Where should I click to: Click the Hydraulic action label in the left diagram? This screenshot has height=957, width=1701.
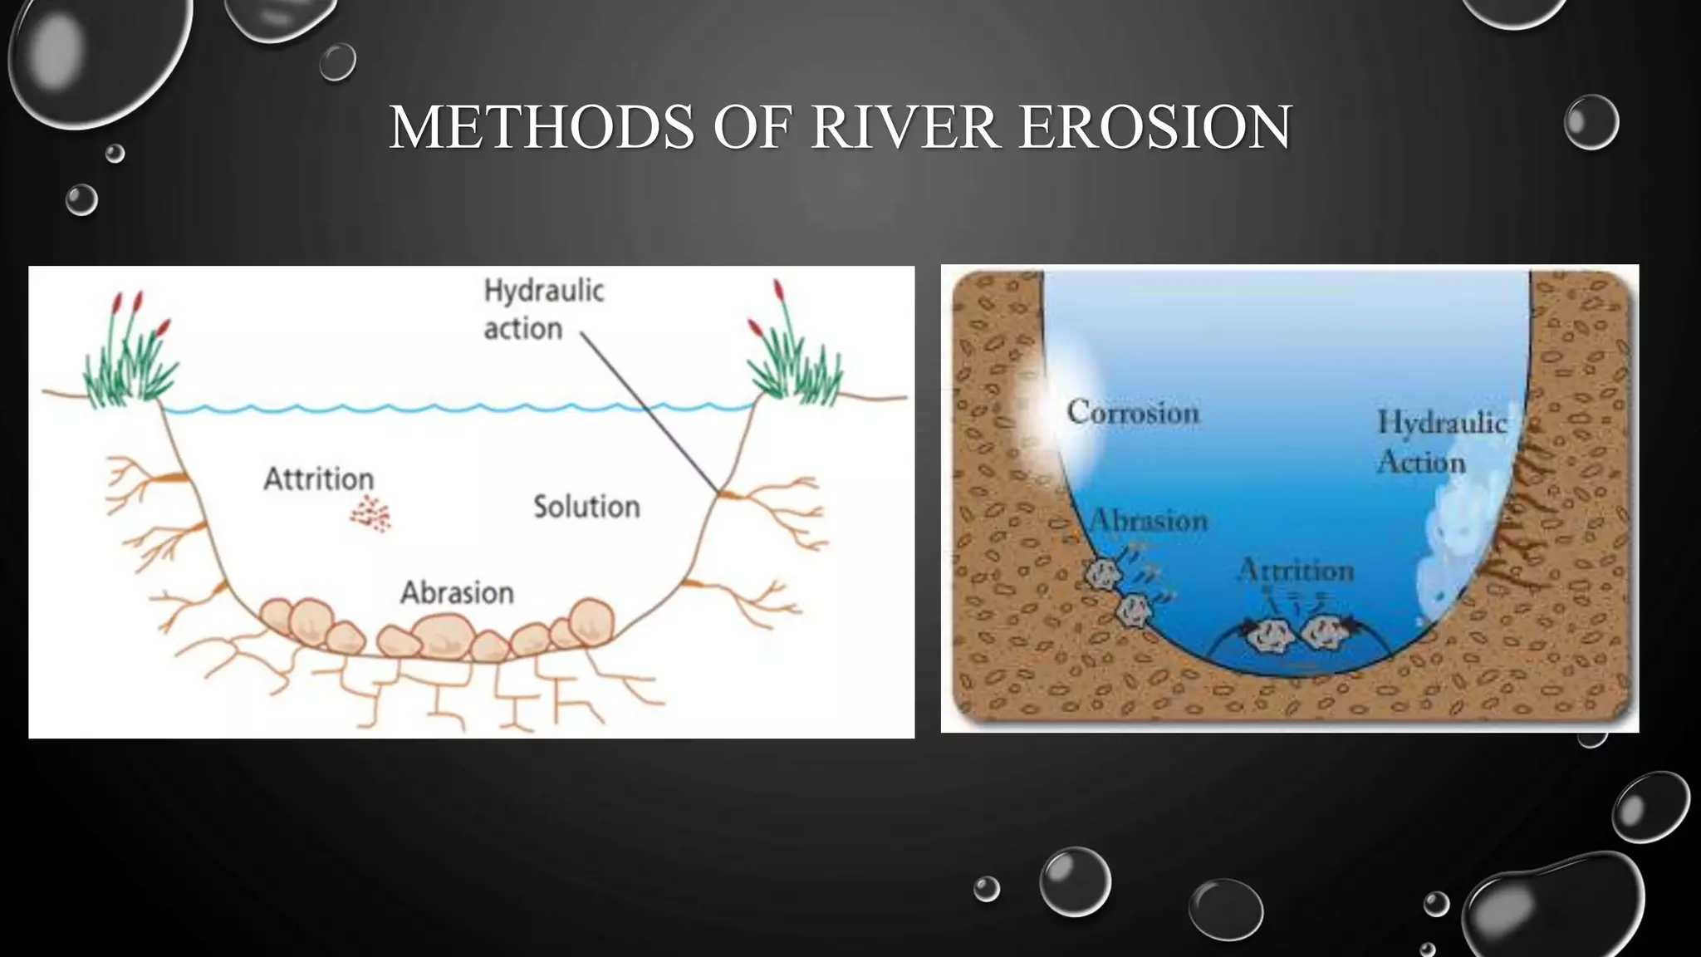543,310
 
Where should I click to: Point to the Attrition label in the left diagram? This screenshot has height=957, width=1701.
319,479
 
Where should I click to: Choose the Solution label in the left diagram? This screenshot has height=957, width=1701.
586,507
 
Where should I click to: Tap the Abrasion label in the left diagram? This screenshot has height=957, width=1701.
457,593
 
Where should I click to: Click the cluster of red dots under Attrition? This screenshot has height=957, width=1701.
370,515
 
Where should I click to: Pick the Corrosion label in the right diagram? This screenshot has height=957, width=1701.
1133,413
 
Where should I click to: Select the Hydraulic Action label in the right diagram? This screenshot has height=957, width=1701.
1441,442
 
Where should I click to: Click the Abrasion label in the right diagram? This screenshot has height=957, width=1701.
1149,521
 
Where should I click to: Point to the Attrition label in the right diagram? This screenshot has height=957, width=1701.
1296,571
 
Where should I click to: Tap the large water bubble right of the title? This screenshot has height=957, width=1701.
1591,122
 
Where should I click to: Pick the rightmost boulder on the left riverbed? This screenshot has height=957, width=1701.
591,621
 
